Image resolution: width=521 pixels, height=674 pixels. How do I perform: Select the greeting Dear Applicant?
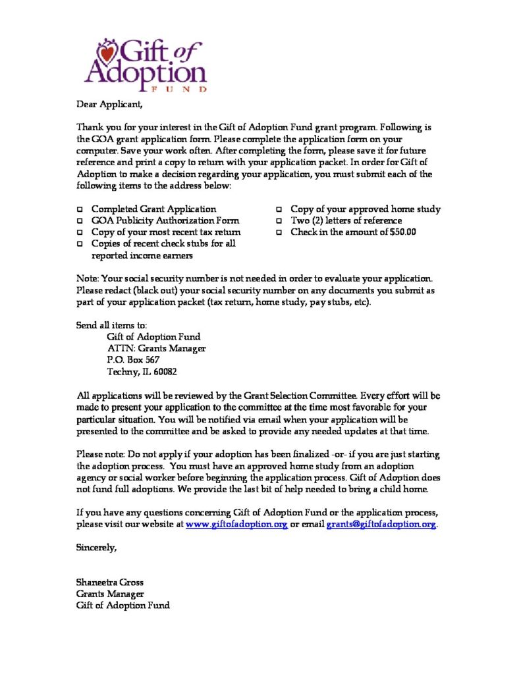109,104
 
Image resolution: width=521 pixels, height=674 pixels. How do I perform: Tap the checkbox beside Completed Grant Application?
80,209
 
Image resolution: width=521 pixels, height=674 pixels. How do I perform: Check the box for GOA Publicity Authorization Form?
80,221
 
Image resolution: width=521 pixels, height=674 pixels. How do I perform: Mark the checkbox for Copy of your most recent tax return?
80,233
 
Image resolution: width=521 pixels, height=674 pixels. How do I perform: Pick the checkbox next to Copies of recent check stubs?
80,244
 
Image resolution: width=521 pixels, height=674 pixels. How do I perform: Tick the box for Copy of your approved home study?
279,209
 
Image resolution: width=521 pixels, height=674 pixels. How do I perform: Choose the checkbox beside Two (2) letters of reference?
279,221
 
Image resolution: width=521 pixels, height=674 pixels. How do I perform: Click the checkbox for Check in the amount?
279,233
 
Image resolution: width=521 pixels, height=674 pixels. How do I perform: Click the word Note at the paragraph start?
88,279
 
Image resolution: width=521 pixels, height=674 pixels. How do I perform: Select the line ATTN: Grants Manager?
156,348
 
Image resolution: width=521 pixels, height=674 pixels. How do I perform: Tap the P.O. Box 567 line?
133,360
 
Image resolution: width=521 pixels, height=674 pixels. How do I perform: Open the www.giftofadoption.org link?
237,525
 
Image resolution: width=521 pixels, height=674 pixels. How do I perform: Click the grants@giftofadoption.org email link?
381,525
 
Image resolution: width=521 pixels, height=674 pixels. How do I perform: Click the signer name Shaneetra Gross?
110,583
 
